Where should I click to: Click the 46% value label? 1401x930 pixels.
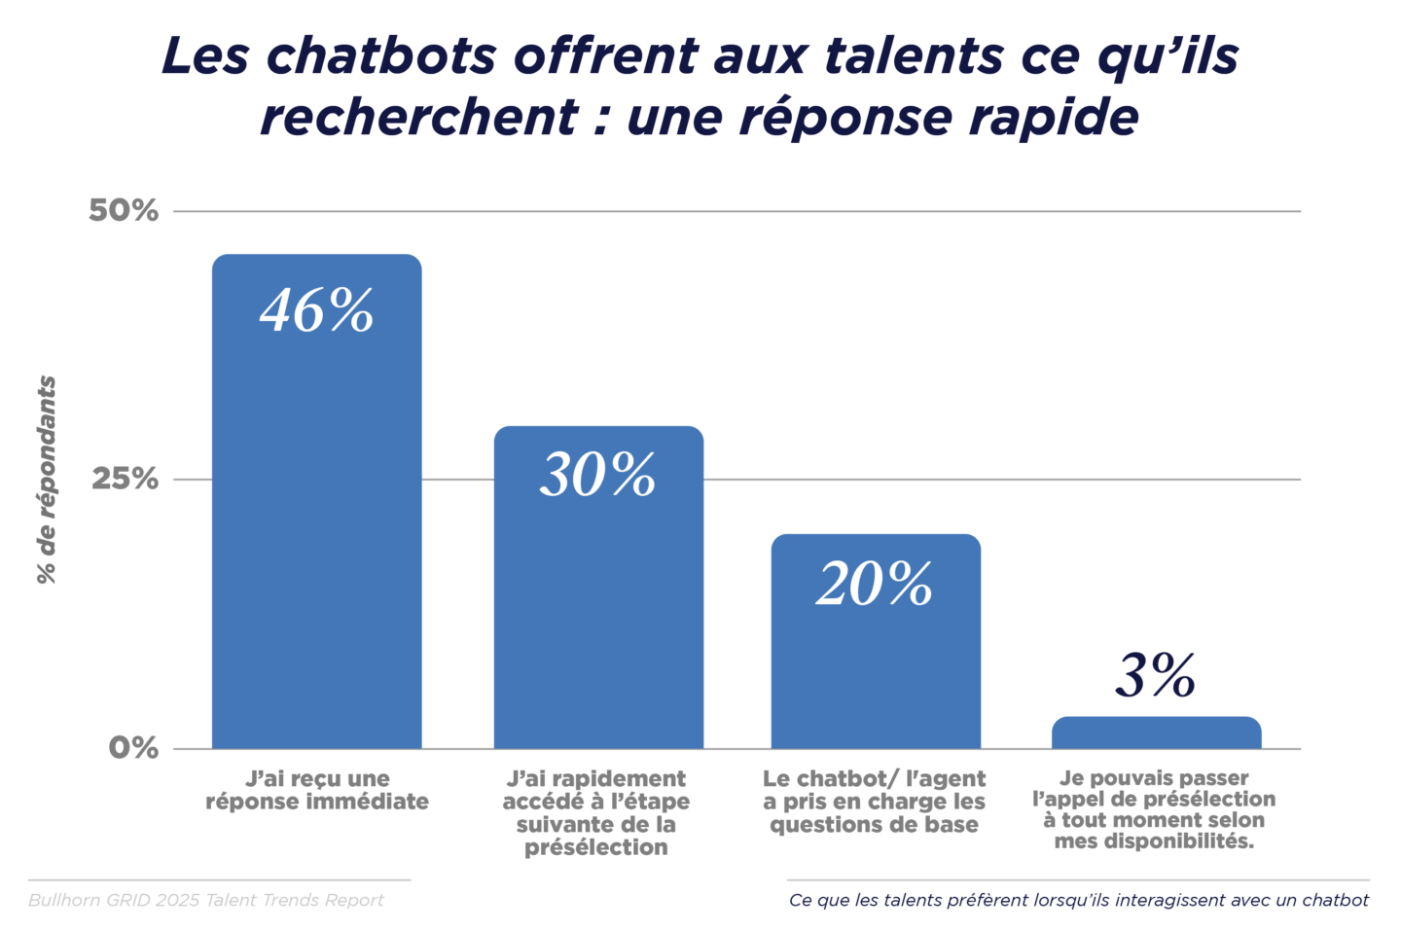316,311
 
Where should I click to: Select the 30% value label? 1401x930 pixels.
597,476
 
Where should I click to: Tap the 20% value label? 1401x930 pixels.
875,584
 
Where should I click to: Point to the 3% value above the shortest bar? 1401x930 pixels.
1155,676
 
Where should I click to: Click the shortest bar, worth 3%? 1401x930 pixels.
1156,733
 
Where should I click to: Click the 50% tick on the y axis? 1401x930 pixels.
124,210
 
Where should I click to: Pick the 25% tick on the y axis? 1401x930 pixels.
125,479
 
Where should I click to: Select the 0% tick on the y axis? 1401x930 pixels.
133,747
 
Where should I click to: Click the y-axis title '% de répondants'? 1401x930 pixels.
47,480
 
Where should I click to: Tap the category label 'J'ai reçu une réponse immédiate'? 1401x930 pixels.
317,790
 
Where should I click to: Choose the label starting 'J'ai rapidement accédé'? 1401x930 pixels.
596,812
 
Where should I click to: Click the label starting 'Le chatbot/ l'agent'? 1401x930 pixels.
874,802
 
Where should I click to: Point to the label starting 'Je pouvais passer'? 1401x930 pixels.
1154,809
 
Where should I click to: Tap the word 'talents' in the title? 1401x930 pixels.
915,56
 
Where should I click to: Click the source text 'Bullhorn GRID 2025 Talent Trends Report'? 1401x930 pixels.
206,900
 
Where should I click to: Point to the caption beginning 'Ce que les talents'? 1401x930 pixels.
1078,900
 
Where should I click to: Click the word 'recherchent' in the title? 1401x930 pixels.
419,118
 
